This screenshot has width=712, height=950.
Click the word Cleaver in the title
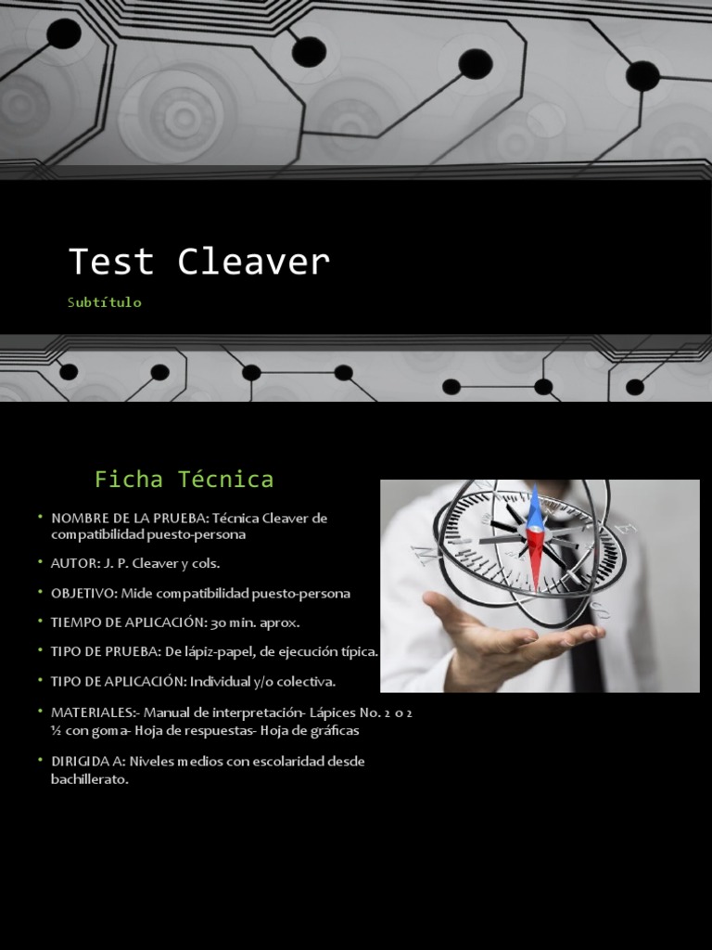click(x=253, y=263)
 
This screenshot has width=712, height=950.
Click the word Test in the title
click(x=110, y=263)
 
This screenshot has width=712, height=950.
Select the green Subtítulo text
click(x=105, y=302)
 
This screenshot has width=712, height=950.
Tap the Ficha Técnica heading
click(x=184, y=480)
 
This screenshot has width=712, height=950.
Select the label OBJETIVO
click(x=84, y=593)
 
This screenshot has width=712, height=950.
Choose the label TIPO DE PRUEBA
click(x=106, y=652)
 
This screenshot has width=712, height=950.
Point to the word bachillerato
click(x=89, y=780)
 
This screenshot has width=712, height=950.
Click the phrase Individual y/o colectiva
click(x=262, y=682)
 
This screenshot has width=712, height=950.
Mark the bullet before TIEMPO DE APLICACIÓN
click(x=41, y=622)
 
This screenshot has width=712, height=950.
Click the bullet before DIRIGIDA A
click(x=41, y=761)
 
